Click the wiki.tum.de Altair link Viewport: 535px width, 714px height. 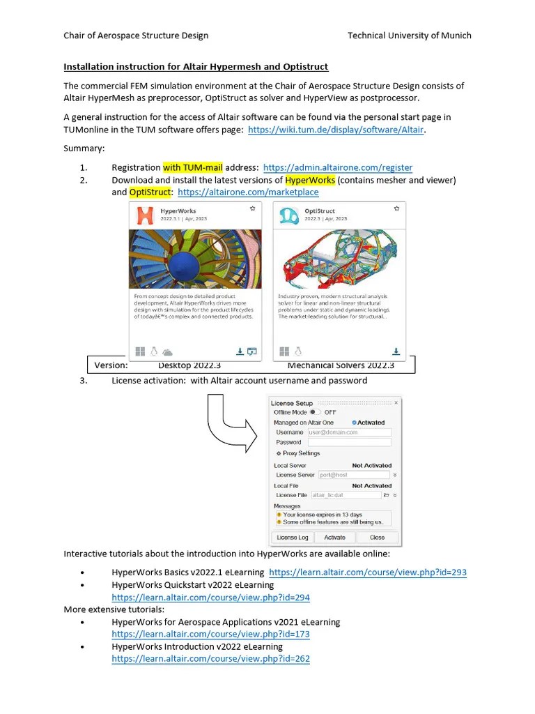336,130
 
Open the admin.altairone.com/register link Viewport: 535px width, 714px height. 338,167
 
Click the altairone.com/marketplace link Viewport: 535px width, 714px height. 248,192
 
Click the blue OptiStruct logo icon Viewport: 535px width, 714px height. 287,215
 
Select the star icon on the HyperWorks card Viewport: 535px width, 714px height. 252,208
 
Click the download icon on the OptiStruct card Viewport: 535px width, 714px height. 396,351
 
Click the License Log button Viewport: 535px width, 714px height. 292,538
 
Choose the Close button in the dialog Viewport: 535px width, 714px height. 377,538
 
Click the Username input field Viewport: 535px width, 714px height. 349,432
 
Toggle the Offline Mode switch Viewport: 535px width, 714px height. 316,413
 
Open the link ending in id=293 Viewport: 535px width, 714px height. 368,572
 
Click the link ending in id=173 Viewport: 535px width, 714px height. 210,635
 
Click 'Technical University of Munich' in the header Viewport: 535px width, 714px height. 409,36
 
